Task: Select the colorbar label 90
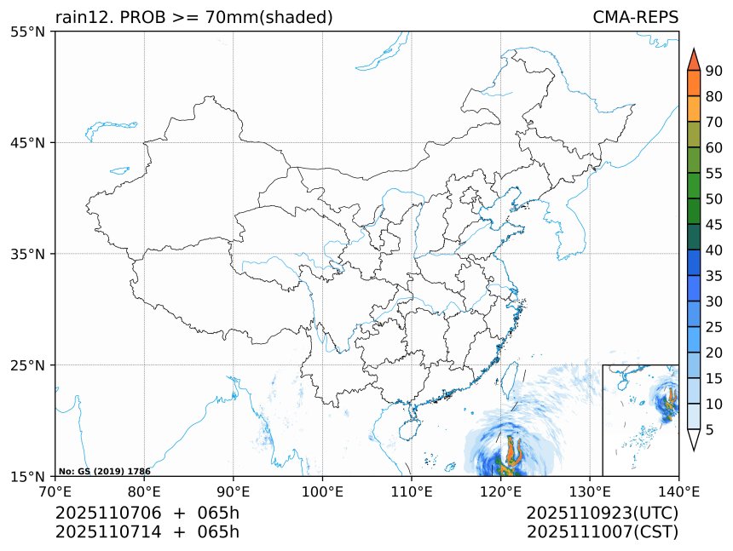point(714,71)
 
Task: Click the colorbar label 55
point(714,174)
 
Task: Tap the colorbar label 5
point(710,430)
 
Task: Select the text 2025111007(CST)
point(602,532)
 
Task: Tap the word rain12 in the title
point(79,18)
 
